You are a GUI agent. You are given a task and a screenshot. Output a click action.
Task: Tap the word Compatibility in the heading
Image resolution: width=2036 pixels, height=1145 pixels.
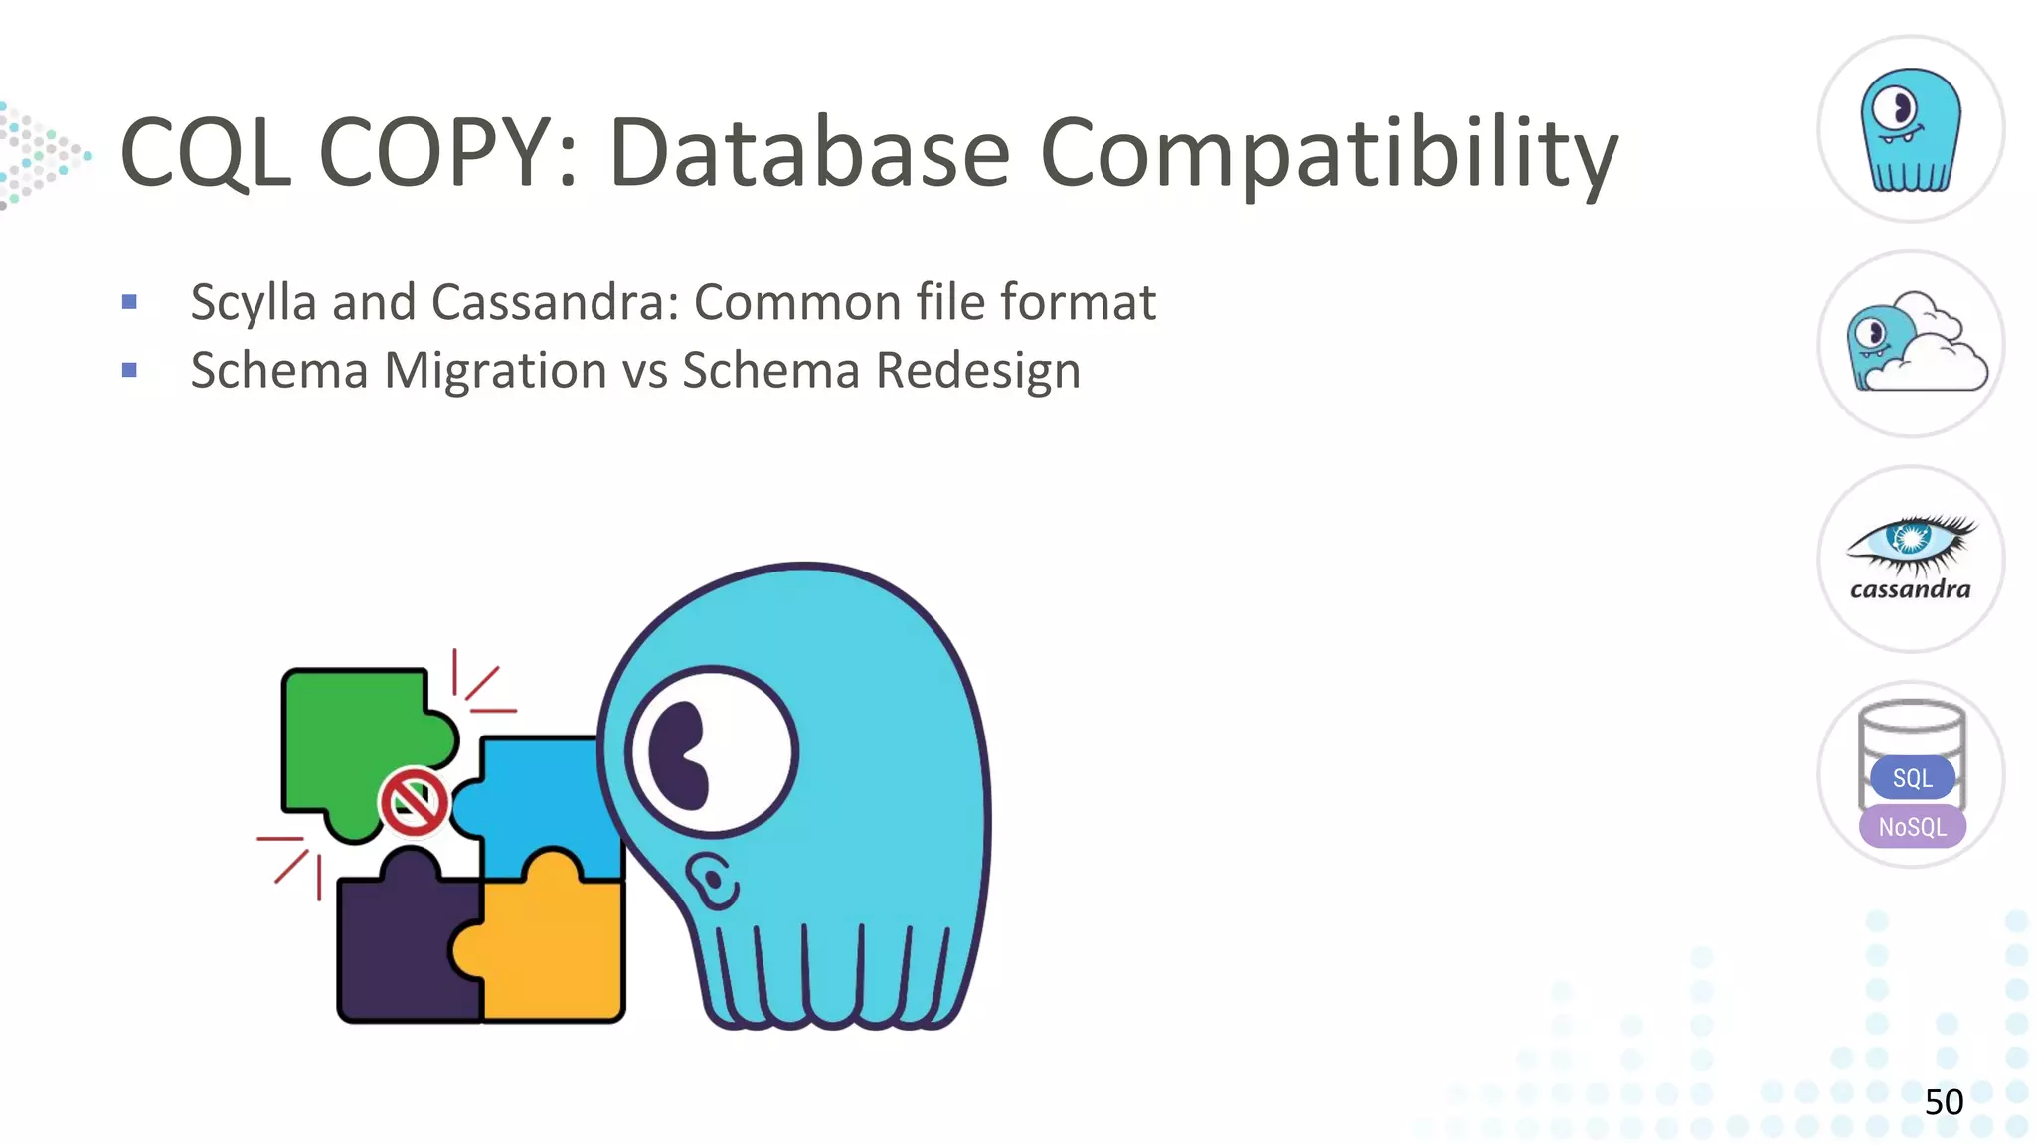pyautogui.click(x=1328, y=155)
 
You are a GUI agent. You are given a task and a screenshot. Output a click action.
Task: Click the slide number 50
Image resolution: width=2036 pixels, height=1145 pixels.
pyautogui.click(x=1944, y=1102)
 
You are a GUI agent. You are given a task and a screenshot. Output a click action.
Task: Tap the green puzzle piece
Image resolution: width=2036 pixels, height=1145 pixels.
pyautogui.click(x=348, y=736)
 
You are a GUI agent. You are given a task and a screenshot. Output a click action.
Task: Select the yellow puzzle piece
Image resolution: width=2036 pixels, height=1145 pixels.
pyautogui.click(x=557, y=944)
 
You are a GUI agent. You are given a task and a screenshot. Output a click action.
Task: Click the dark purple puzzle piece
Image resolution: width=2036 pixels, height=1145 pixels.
pyautogui.click(x=398, y=954)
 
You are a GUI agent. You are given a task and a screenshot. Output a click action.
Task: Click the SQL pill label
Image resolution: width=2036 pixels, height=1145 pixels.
pyautogui.click(x=1912, y=778)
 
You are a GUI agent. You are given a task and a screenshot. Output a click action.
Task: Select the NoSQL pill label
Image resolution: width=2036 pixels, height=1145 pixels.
pyautogui.click(x=1912, y=827)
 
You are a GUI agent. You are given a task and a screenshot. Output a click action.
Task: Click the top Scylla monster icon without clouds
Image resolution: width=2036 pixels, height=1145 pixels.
pyautogui.click(x=1911, y=129)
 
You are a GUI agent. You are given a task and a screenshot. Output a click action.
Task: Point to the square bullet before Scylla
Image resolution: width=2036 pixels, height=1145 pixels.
pyautogui.click(x=129, y=302)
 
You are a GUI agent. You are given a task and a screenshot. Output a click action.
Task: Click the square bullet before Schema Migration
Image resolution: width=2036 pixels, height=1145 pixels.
pyautogui.click(x=129, y=371)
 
